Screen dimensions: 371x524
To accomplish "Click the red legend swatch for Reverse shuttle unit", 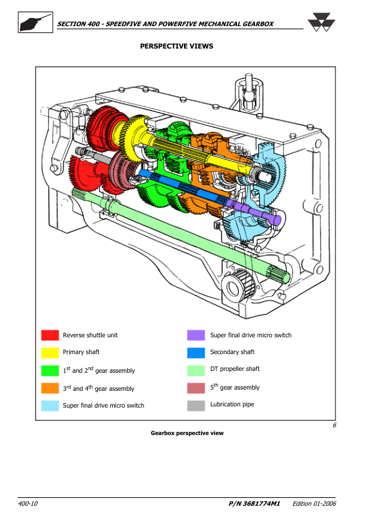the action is pos(50,335).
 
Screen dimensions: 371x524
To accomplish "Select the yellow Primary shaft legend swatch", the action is pos(50,353).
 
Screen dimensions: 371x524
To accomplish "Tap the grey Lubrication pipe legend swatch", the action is pos(196,406).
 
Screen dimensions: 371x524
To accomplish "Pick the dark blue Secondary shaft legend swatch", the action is pos(196,353).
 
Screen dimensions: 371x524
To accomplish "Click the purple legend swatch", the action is pos(196,335).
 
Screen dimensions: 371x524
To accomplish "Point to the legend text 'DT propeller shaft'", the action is pos(234,368).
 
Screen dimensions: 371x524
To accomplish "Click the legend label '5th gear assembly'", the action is pos(234,386).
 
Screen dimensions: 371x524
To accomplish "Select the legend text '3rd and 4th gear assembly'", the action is pos(99,388).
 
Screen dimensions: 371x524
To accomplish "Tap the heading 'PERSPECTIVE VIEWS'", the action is pos(176,46).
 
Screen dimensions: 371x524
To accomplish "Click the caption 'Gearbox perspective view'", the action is pos(187,433).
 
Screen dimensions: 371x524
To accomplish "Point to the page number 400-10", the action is pos(28,503).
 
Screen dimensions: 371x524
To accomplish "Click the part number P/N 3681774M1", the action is pos(254,503).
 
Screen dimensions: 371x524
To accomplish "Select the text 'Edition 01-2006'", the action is pos(314,503).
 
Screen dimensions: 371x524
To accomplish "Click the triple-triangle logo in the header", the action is pos(321,22).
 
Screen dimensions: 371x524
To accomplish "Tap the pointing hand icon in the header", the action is pos(35,22).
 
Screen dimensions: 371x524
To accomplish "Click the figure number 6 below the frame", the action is pos(334,425).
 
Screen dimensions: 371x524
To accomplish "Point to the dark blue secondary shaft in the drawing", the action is pos(182,188).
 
